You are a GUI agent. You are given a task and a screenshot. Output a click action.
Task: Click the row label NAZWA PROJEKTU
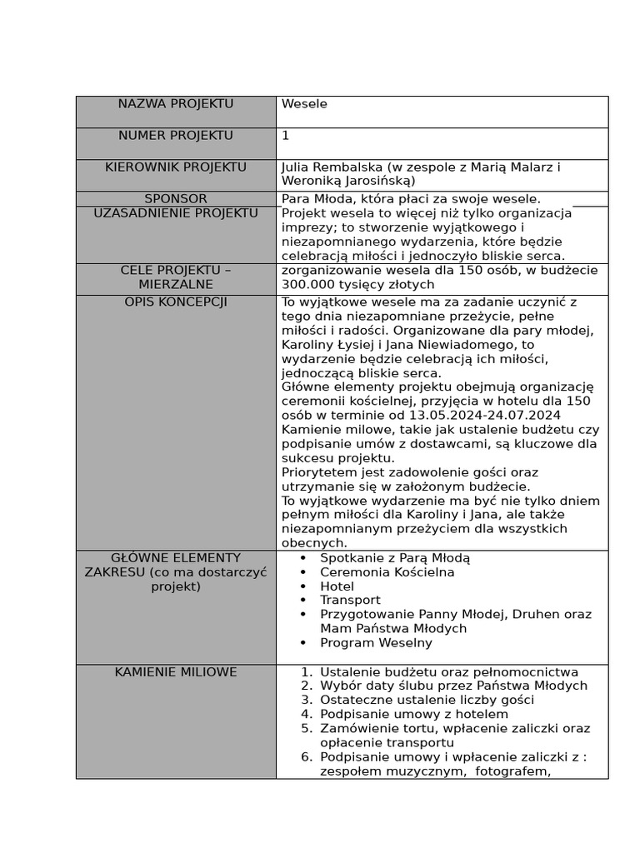click(175, 104)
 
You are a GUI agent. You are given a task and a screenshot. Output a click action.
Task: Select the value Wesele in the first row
click(304, 104)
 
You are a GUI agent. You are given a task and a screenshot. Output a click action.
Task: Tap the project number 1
click(286, 136)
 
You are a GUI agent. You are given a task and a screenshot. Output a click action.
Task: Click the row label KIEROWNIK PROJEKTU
click(175, 167)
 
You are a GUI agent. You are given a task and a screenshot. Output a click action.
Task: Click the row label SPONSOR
click(175, 199)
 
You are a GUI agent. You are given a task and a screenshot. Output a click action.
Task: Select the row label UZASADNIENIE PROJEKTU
click(175, 213)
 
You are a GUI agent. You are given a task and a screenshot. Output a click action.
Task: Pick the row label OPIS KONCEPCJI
click(175, 302)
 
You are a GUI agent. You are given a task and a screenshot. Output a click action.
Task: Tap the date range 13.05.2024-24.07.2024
click(484, 415)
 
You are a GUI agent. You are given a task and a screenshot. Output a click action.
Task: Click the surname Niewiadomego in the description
click(472, 345)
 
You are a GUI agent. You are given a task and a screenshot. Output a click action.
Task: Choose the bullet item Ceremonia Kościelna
click(387, 572)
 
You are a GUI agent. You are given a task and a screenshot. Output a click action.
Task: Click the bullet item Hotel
click(337, 586)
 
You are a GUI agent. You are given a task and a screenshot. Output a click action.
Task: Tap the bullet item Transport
click(350, 601)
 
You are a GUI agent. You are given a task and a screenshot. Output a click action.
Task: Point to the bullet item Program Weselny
click(376, 643)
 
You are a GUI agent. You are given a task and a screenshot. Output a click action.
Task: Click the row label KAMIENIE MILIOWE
click(175, 672)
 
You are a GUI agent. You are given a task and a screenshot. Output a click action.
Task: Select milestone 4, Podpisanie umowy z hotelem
click(413, 715)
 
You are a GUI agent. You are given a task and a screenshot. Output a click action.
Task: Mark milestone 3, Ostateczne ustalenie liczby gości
click(427, 701)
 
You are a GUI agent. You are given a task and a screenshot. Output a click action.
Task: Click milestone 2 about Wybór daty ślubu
click(453, 686)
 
